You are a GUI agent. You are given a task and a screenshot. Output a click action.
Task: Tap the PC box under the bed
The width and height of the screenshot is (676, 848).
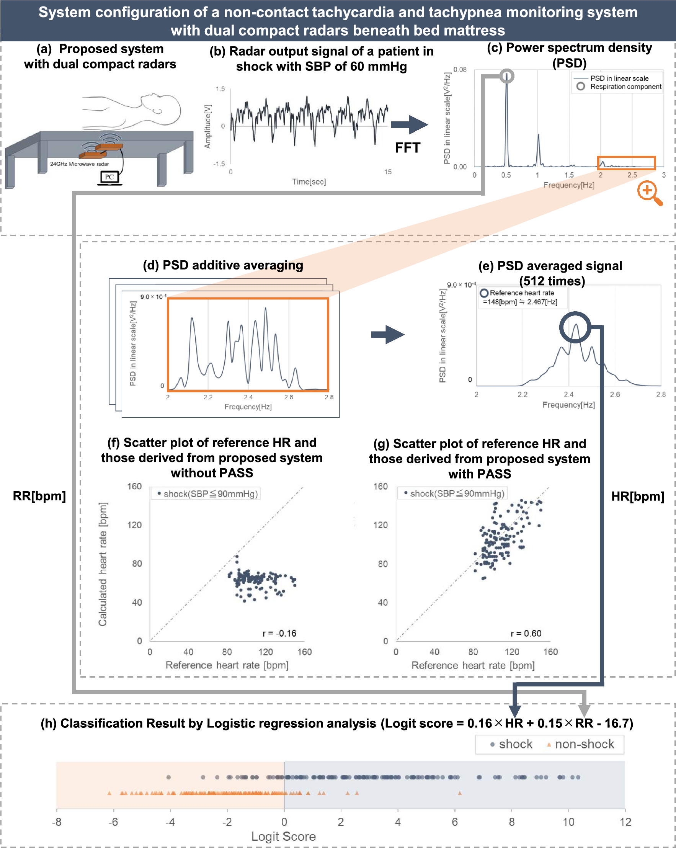[x=109, y=177]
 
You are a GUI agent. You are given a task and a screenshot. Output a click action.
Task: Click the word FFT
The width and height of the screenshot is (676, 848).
[x=407, y=148]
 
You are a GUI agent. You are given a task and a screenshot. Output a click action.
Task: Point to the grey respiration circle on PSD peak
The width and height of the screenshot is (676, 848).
[x=507, y=75]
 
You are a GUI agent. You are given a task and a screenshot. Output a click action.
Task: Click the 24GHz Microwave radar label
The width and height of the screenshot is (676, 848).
[x=80, y=164]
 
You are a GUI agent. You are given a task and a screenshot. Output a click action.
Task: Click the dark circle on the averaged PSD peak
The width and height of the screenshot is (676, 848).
[x=575, y=327]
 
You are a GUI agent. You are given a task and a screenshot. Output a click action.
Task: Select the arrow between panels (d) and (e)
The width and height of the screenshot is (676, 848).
[x=387, y=335]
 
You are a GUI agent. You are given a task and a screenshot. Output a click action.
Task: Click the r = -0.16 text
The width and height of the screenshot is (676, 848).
[x=279, y=633]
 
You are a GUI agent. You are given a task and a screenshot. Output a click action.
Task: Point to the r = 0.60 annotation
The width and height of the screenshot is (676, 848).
[x=526, y=633]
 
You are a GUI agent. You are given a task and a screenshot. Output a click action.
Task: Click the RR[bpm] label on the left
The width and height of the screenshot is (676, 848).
[x=39, y=496]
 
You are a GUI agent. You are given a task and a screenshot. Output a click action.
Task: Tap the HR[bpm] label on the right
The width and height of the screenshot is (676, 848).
[x=637, y=497]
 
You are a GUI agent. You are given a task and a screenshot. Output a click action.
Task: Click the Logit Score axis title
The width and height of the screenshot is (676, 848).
[x=284, y=837]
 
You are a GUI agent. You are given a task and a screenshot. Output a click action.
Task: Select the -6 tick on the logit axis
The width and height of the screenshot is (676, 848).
[x=113, y=822]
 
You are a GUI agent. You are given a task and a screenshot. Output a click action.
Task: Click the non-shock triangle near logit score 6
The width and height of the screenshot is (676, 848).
[x=460, y=793]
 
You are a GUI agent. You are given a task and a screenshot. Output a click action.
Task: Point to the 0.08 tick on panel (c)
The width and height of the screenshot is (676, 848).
[x=460, y=70]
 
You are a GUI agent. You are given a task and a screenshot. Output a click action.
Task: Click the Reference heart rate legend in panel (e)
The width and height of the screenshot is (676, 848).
[x=518, y=297]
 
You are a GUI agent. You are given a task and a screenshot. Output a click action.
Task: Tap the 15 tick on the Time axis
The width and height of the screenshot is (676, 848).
[x=388, y=172]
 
